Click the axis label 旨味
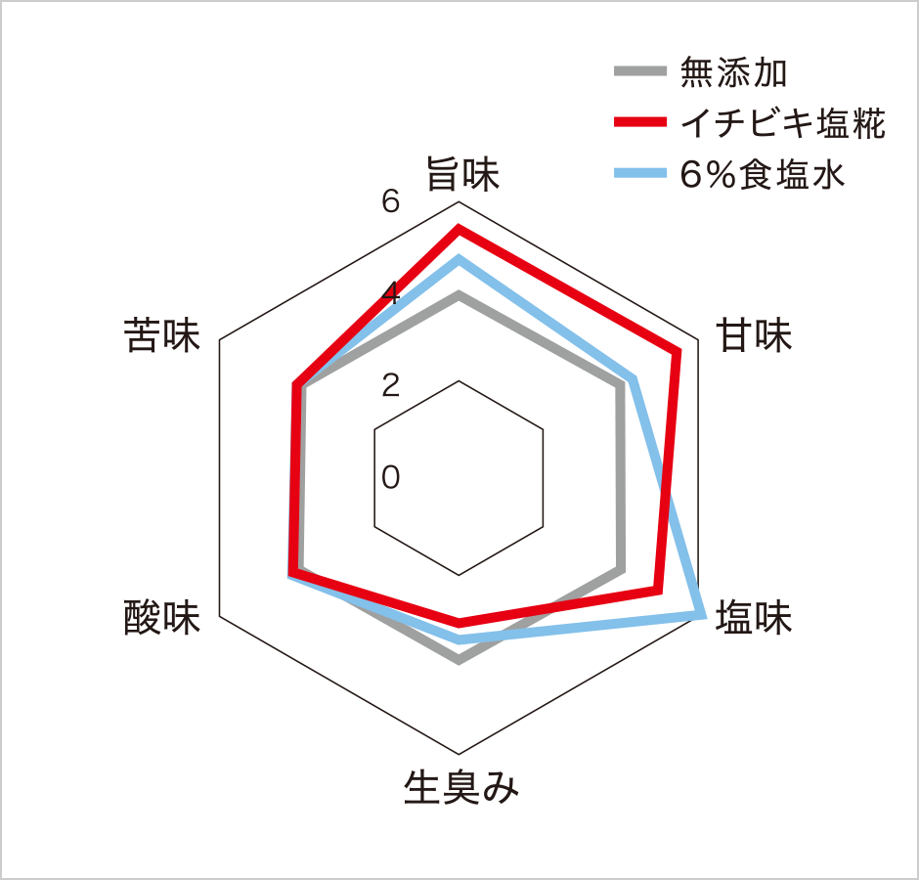(462, 174)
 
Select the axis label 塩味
(754, 617)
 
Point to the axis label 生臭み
(461, 787)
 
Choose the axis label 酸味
(161, 617)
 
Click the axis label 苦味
(161, 335)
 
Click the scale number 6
(391, 201)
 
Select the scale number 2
(391, 385)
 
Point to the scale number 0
(391, 477)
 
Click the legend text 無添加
(733, 72)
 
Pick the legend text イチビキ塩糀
(782, 123)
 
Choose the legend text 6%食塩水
(763, 174)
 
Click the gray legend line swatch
(640, 71)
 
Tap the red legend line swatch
(640, 122)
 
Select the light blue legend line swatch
(640, 173)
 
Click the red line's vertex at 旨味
(459, 229)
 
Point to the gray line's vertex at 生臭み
(459, 661)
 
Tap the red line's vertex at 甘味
(678, 352)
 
